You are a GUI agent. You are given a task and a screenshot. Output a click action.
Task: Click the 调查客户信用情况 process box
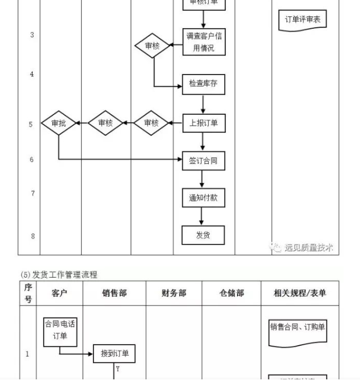[x=203, y=42]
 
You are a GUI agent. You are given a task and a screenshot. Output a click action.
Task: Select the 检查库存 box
[x=203, y=84]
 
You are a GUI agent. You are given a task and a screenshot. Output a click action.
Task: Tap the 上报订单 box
[x=203, y=123]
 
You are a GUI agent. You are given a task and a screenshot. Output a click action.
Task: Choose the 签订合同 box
[x=203, y=161]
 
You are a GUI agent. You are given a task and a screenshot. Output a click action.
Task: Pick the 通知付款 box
[x=203, y=198]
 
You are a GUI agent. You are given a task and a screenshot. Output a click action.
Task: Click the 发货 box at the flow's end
[x=203, y=235]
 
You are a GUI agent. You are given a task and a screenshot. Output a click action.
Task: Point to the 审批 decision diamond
[x=59, y=123]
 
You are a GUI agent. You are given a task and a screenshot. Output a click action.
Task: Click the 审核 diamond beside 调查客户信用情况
[x=153, y=47]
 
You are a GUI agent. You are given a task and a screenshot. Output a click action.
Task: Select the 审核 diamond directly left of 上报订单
[x=151, y=123]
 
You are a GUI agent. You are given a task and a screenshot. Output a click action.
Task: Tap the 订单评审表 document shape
[x=303, y=20]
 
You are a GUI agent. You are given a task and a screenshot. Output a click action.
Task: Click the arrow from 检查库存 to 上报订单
[x=203, y=103]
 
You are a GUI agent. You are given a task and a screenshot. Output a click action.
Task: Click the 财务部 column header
[x=174, y=293]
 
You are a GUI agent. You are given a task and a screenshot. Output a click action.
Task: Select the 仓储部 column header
[x=232, y=293]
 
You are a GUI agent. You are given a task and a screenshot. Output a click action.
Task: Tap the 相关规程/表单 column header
[x=300, y=293]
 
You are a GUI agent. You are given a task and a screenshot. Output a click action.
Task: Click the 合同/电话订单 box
[x=60, y=330]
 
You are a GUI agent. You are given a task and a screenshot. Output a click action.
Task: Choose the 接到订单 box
[x=115, y=354]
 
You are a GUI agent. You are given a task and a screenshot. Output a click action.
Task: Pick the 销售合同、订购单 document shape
[x=298, y=328]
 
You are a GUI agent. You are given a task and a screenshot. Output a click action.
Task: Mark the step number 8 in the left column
[x=32, y=236]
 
